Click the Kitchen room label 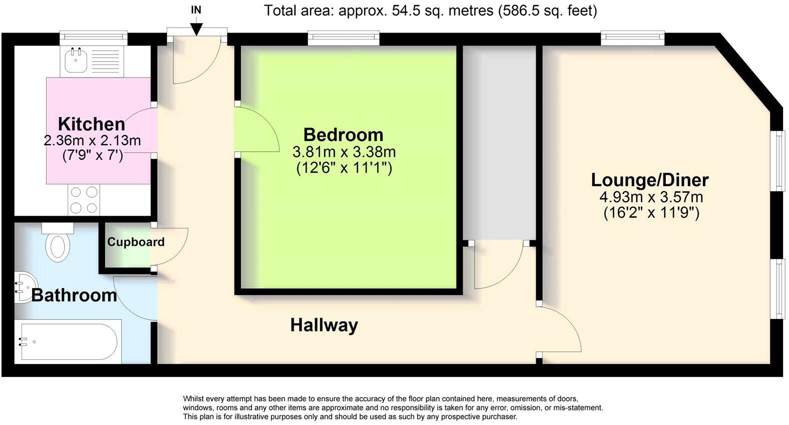92,124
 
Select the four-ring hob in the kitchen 84,200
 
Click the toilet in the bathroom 58,244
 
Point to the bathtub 69,342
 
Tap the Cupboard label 136,242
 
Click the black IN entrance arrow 196,29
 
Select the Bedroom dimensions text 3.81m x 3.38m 344,151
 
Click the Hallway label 324,325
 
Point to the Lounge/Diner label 650,180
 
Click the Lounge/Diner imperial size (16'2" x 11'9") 651,213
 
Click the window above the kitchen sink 93,37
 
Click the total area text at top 431,11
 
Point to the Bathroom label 74,295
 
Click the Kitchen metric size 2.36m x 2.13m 92,141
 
